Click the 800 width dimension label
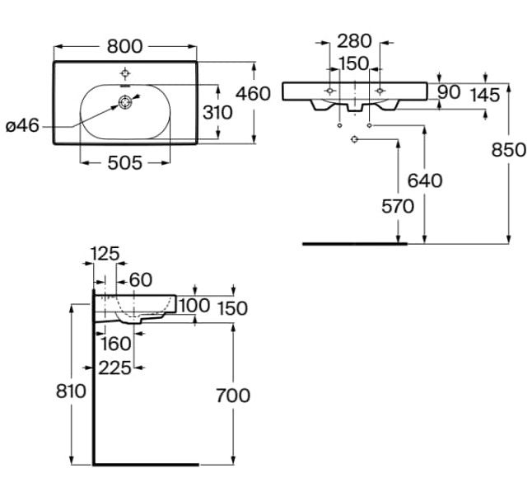(125, 45)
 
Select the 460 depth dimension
(253, 93)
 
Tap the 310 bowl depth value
(217, 112)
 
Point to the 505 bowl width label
(125, 163)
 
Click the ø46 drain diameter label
(22, 126)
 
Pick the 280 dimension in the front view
(354, 40)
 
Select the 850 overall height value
(509, 150)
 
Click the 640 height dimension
(424, 180)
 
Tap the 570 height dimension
(397, 206)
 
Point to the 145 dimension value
(485, 96)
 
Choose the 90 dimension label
(449, 92)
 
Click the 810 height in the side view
(72, 391)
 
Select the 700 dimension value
(233, 396)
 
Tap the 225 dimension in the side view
(115, 368)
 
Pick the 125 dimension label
(105, 253)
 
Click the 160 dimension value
(115, 341)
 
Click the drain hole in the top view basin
(125, 103)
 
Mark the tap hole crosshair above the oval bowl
(125, 71)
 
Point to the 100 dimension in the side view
(194, 306)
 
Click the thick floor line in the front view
(354, 244)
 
